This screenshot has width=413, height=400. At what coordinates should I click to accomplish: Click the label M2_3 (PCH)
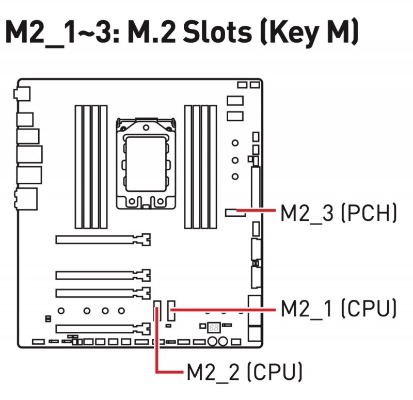(339, 213)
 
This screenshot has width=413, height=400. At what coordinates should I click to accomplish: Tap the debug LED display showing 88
(213, 328)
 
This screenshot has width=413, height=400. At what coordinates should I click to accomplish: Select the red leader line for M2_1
(222, 309)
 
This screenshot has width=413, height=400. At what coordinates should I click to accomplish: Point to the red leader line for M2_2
(157, 351)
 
